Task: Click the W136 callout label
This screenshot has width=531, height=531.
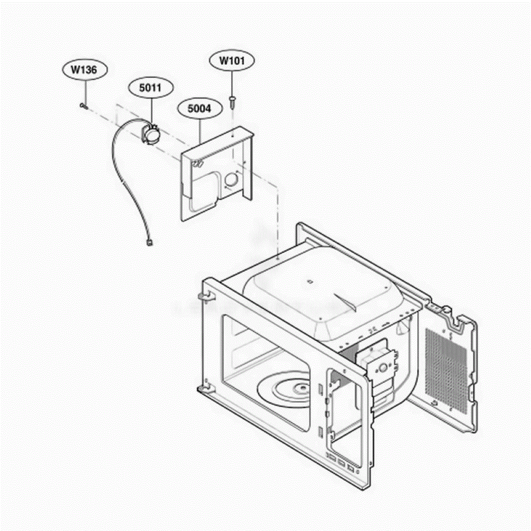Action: (84, 70)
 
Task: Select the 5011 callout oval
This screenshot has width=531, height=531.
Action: (151, 88)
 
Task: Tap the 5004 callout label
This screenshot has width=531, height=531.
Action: (200, 109)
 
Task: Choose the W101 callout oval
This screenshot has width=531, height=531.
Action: (232, 61)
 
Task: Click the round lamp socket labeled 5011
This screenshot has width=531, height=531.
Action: (150, 134)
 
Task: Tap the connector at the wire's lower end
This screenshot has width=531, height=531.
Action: (150, 243)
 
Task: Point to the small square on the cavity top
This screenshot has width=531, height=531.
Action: (309, 282)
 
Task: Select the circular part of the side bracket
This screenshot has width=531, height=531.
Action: (383, 367)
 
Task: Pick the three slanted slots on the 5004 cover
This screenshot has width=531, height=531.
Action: (198, 164)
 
